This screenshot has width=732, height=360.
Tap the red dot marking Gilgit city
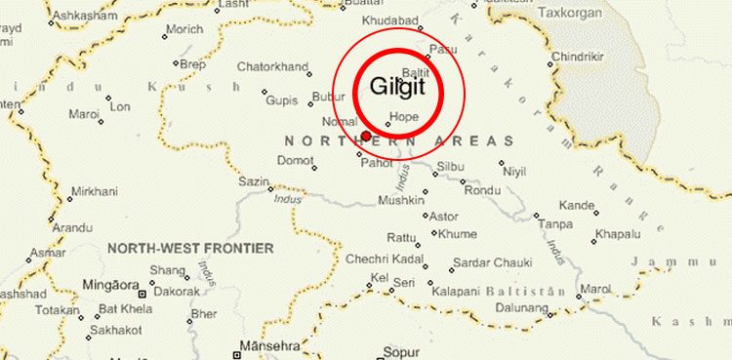(366, 136)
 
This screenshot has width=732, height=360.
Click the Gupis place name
(282, 100)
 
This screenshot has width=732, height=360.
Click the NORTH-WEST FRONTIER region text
(190, 249)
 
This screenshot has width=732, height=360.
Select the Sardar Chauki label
(493, 263)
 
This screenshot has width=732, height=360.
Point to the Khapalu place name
(617, 234)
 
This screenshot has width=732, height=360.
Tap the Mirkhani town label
(92, 194)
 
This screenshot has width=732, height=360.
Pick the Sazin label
(253, 181)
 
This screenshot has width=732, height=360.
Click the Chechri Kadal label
(383, 260)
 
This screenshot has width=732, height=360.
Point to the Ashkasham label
(79, 17)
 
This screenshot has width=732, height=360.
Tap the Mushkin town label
(401, 201)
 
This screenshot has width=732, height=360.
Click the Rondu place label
(482, 190)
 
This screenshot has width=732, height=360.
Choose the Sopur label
(402, 349)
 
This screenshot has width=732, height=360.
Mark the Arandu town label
(72, 227)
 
